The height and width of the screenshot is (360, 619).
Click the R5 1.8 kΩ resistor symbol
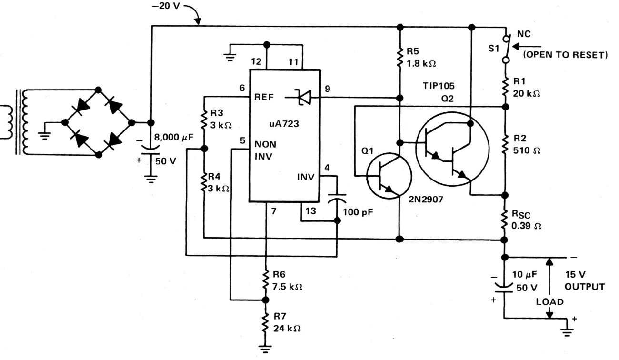click(x=400, y=58)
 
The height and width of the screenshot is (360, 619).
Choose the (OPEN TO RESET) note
click(x=565, y=55)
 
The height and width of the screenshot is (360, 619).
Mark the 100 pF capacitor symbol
click(x=337, y=196)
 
